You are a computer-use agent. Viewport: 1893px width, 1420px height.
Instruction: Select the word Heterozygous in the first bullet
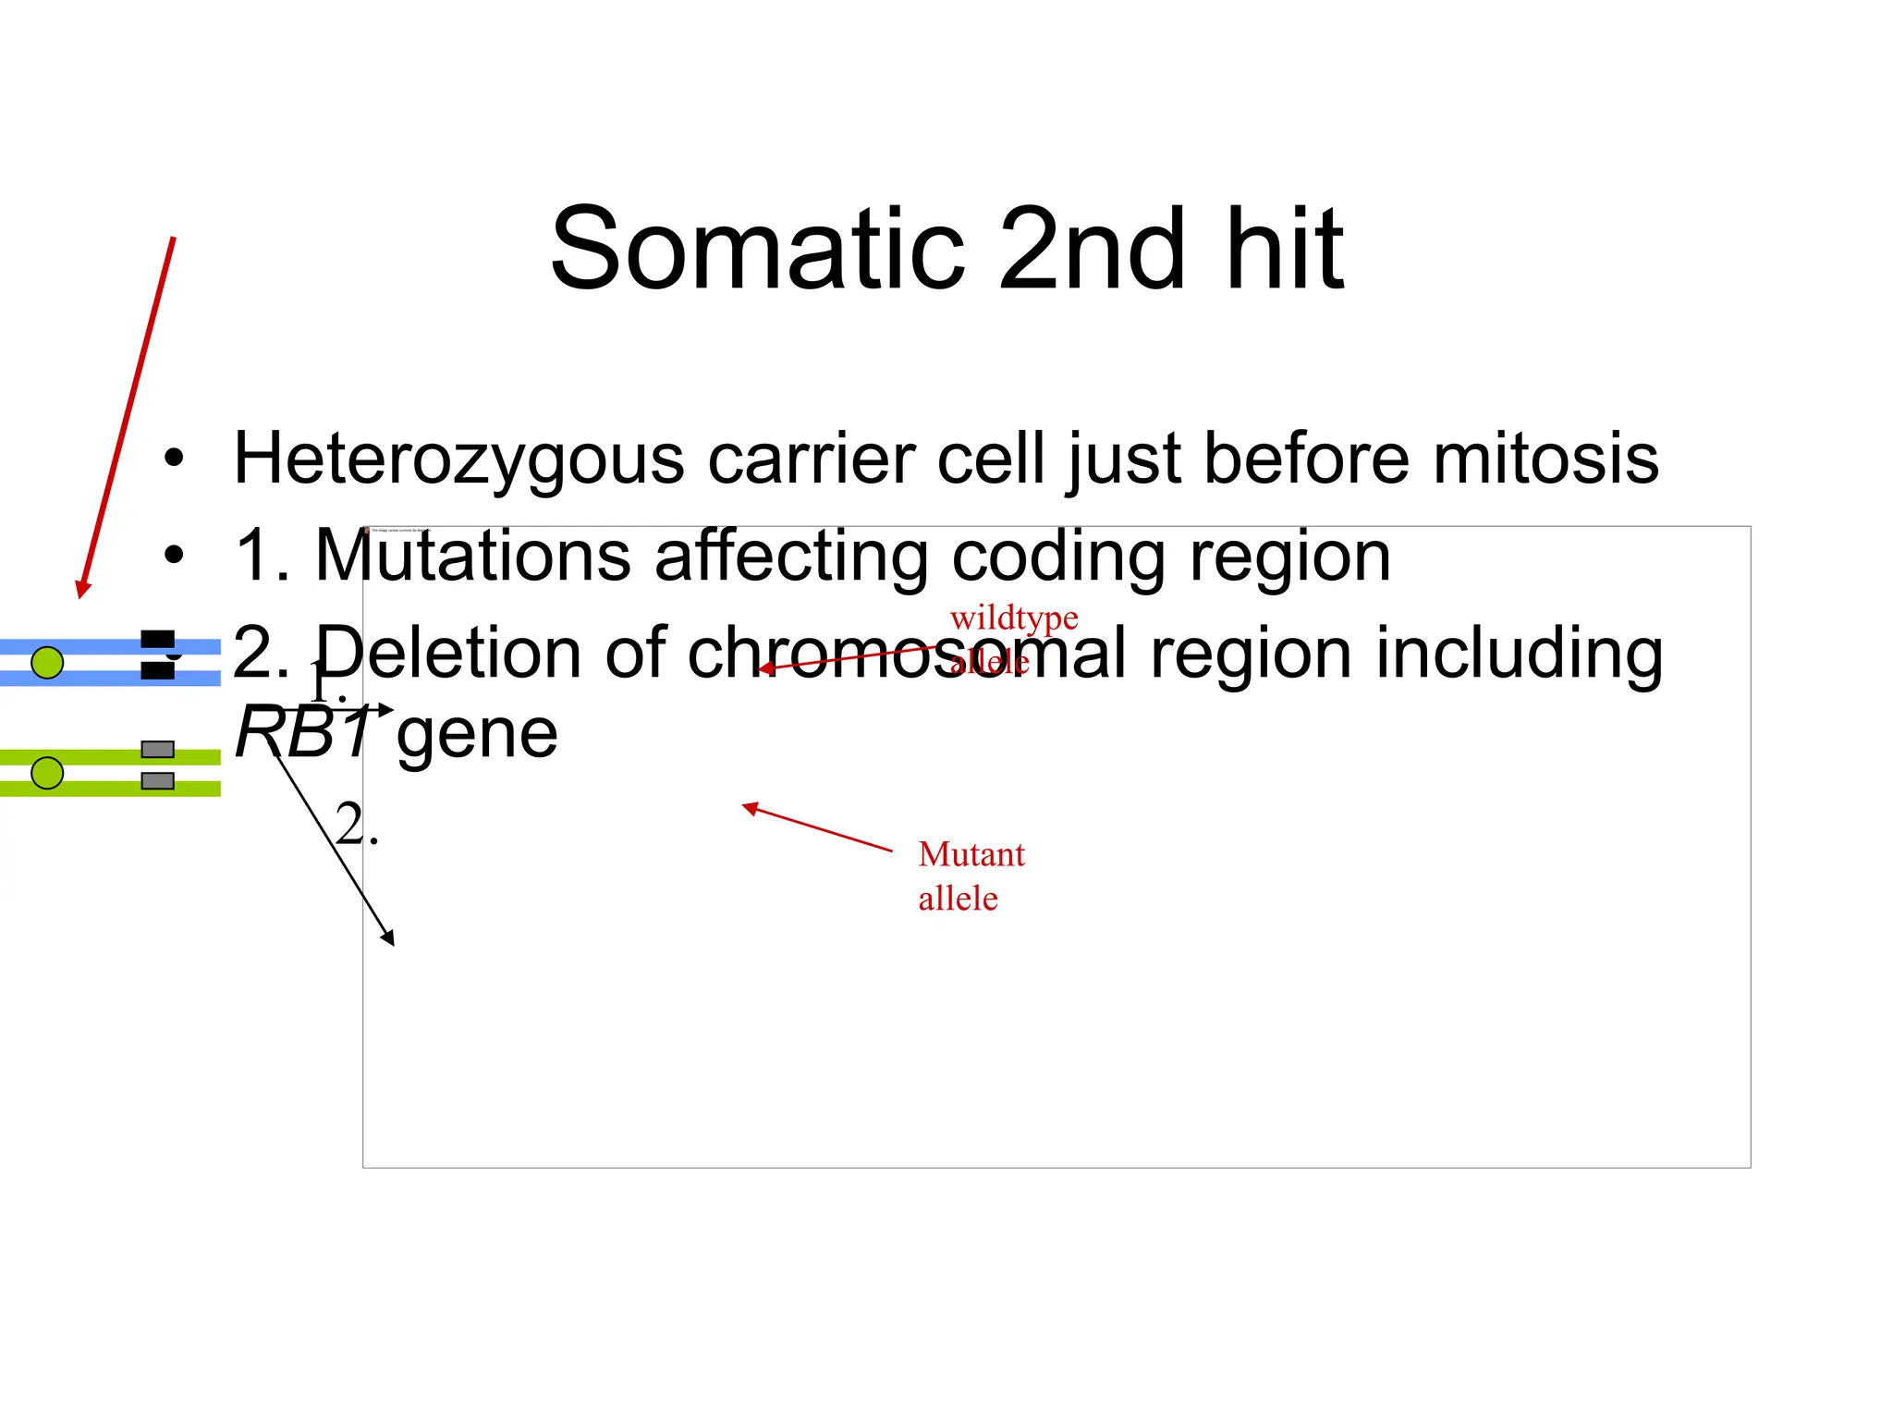coord(458,459)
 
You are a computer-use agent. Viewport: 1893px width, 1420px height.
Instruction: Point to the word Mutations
coord(472,556)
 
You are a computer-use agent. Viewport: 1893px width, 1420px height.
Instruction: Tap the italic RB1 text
coord(303,733)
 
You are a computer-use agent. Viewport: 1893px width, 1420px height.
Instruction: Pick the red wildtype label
coord(1013,618)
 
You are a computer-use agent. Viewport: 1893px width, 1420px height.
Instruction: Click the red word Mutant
coord(971,854)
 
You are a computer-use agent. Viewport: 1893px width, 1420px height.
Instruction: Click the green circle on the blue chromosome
coord(47,662)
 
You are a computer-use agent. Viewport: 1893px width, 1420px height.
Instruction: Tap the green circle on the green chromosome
coord(47,772)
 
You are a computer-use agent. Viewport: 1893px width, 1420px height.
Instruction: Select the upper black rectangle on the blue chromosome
coord(157,639)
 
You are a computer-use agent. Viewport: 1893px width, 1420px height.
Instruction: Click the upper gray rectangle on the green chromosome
coord(157,749)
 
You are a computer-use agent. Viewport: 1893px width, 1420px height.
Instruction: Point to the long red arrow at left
coord(128,416)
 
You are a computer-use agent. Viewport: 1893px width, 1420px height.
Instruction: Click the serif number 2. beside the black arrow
coord(356,824)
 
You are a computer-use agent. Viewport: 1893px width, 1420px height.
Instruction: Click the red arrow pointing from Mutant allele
coord(817,828)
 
